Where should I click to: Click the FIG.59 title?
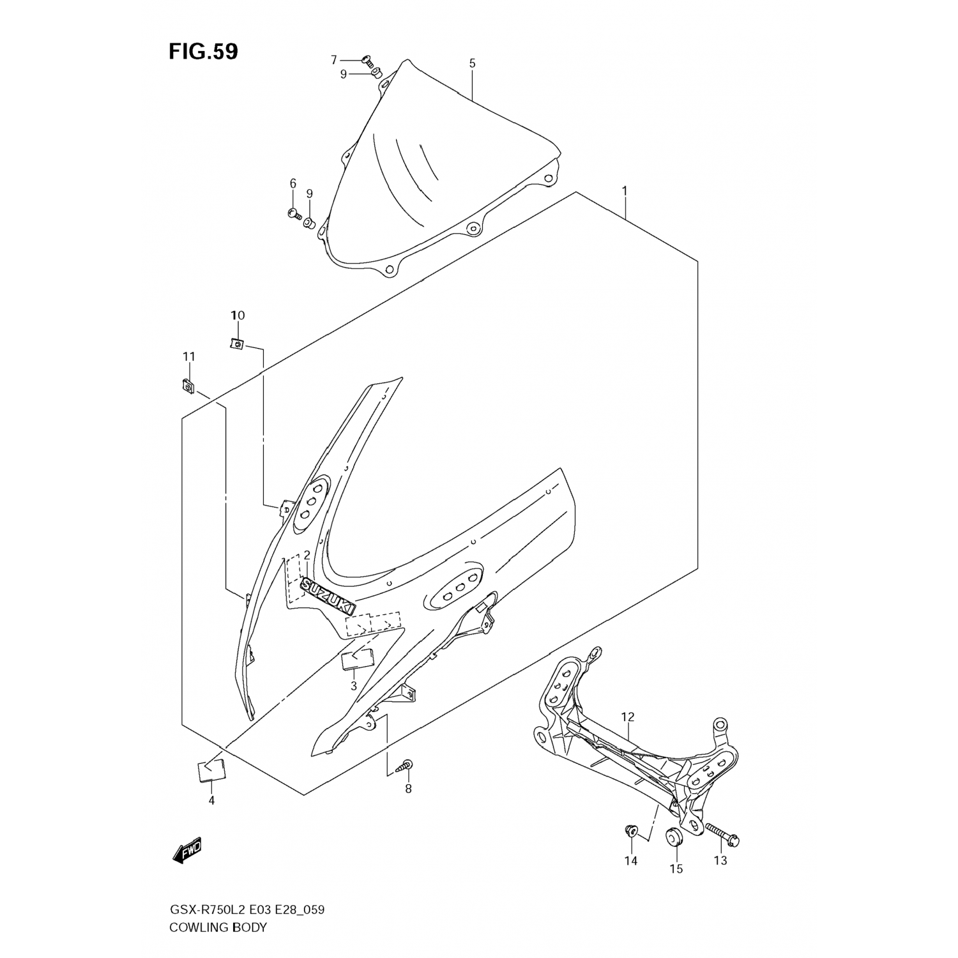click(203, 51)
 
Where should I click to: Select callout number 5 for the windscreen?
click(472, 63)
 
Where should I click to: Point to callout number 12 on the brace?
click(627, 717)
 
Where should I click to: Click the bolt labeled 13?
click(722, 834)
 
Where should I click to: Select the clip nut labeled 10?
click(237, 344)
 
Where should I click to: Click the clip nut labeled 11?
click(188, 386)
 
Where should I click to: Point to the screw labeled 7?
click(367, 59)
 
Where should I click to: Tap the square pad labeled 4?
click(210, 770)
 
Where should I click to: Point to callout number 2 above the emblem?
click(307, 555)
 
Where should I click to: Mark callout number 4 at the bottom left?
click(211, 800)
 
